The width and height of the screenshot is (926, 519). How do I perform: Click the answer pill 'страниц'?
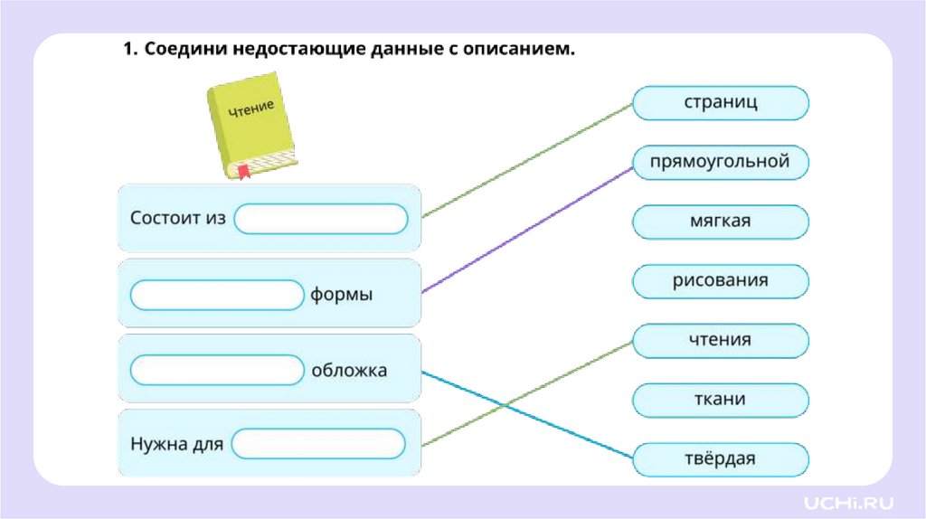point(721,103)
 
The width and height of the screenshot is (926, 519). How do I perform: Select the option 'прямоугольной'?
point(721,163)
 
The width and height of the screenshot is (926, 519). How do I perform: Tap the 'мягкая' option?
point(721,222)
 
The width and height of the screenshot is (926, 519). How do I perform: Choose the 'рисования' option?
point(721,281)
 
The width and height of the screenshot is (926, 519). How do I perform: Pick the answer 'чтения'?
point(721,341)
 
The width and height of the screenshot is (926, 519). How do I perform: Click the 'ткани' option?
point(721,400)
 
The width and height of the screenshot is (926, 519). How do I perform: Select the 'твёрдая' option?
point(721,459)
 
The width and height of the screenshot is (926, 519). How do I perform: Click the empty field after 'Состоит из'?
point(322,219)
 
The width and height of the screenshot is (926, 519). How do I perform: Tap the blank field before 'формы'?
point(217,295)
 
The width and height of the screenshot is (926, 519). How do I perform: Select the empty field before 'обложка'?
point(217,370)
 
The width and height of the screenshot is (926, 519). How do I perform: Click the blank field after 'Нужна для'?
point(318,444)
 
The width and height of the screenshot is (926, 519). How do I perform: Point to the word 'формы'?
point(342,295)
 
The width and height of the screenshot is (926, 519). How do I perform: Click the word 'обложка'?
point(349,370)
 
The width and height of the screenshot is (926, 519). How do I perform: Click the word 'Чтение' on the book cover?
point(250,110)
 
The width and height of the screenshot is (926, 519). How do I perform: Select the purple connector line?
point(524,230)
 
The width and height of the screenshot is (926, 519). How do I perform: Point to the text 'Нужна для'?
point(176,444)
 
